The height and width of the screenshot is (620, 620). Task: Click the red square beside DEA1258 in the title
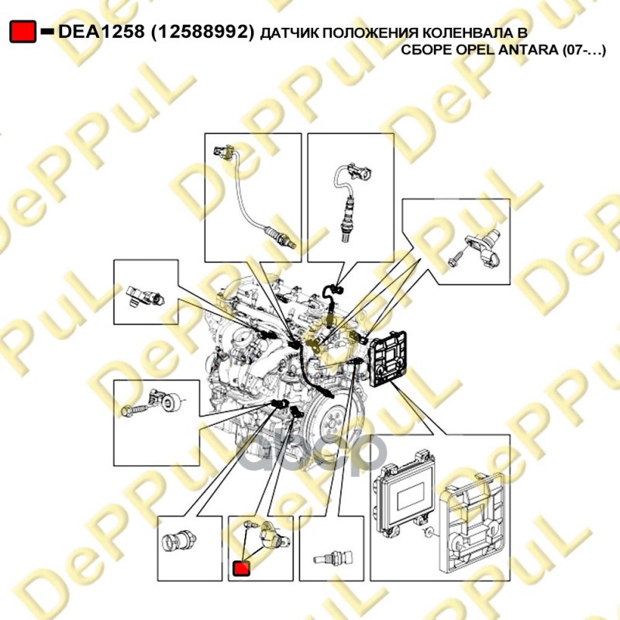[x=22, y=32]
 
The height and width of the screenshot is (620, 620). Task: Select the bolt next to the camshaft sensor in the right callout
[x=456, y=257]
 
